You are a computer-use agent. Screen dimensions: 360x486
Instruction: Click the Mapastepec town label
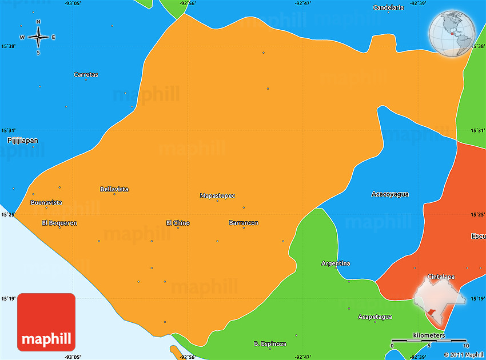click(217, 195)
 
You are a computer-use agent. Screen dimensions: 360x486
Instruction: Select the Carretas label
click(86, 75)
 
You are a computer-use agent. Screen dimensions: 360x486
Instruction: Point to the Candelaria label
click(388, 7)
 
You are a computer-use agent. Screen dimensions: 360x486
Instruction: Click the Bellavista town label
click(114, 189)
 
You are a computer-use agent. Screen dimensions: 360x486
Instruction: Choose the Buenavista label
click(47, 202)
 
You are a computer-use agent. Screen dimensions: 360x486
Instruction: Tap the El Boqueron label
click(59, 223)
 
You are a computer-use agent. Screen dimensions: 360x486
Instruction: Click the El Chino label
click(178, 223)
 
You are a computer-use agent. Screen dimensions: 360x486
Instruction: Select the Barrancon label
click(244, 223)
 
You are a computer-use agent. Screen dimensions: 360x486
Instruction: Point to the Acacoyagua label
click(390, 194)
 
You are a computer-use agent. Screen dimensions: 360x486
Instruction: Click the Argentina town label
click(336, 263)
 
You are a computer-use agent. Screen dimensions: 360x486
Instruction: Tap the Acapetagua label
click(375, 317)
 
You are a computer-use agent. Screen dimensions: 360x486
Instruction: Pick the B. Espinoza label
click(270, 344)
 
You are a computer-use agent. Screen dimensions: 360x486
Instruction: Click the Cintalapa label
click(441, 277)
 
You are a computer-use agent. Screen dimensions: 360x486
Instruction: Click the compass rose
click(38, 37)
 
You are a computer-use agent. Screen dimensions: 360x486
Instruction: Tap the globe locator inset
click(451, 33)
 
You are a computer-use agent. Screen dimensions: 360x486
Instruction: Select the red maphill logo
click(46, 322)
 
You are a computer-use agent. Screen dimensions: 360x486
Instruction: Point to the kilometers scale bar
click(429, 341)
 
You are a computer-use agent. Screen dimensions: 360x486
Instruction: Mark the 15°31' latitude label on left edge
click(9, 130)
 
